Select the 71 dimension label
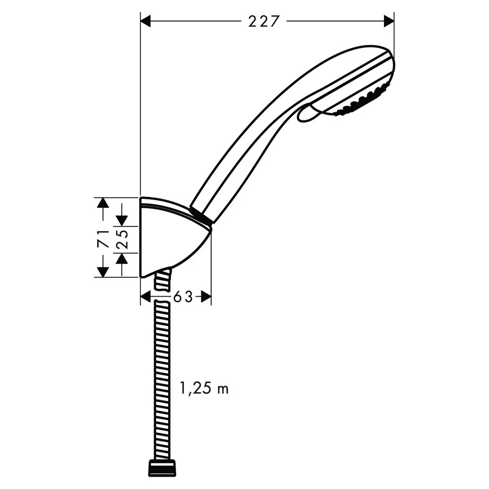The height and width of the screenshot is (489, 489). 103,239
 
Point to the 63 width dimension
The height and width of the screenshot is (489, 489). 183,297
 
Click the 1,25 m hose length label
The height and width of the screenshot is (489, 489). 204,388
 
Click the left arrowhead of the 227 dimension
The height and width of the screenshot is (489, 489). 146,21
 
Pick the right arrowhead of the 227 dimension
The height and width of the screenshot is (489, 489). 389,21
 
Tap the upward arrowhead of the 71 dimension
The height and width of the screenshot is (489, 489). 103,203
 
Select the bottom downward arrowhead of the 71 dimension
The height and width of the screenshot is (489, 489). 103,272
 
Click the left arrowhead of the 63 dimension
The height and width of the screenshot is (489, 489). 146,297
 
